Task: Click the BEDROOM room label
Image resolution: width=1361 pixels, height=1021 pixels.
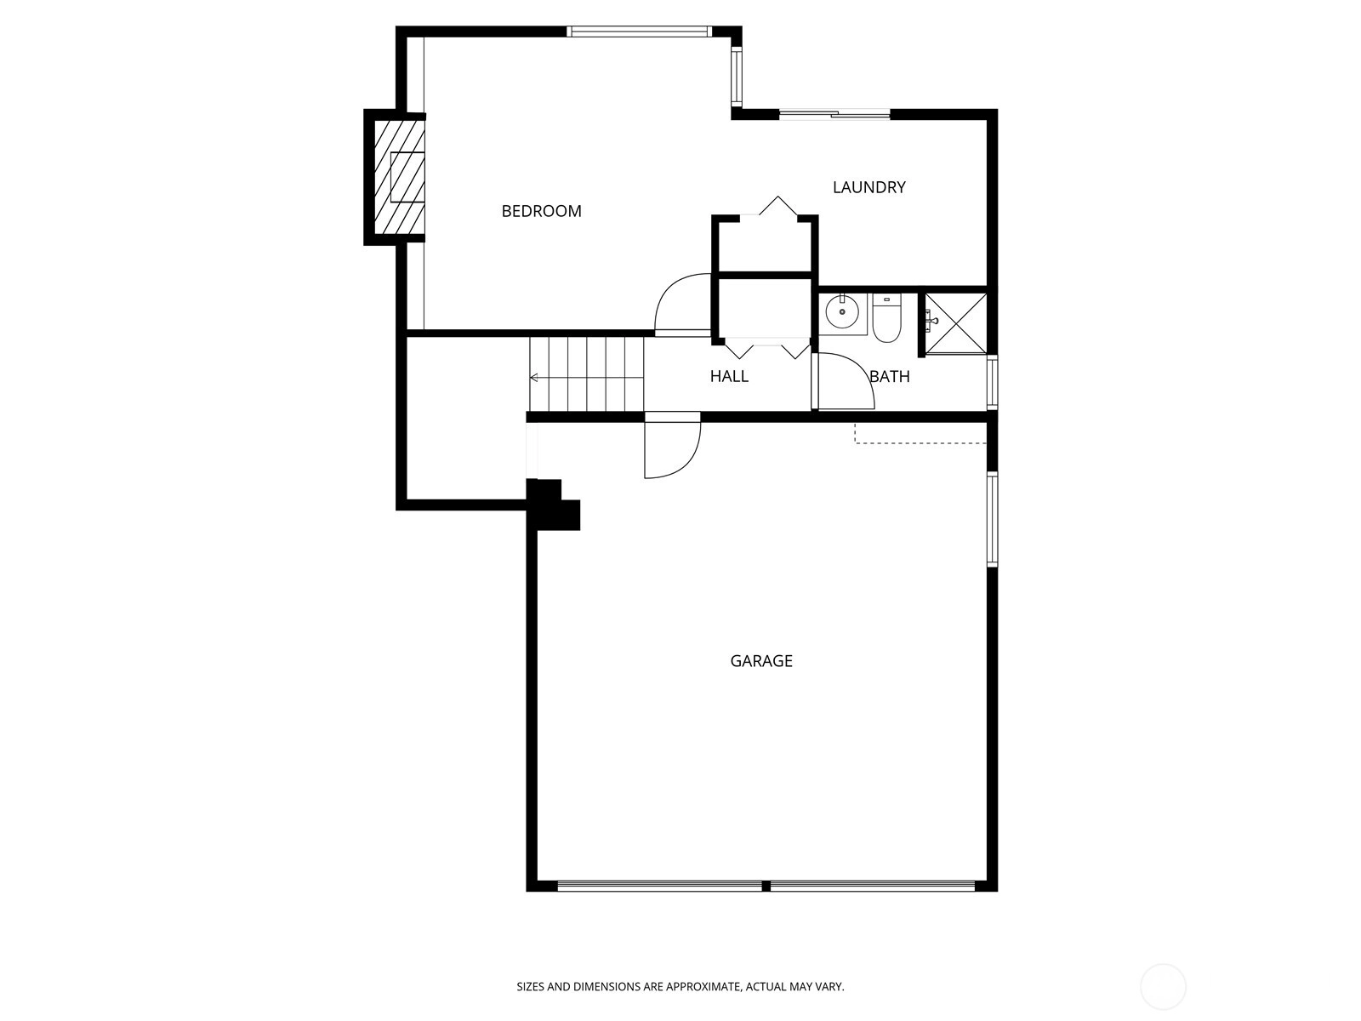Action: [x=541, y=211]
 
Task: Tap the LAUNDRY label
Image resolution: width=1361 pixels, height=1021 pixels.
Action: [x=868, y=187]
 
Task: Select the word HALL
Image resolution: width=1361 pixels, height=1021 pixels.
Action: [x=729, y=376]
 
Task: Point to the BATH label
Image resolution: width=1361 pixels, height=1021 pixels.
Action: [x=890, y=376]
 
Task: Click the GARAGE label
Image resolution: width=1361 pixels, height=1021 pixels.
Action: [x=761, y=661]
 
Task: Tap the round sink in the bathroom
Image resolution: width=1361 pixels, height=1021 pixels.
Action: [x=842, y=312]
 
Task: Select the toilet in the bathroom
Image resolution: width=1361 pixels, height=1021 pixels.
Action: [x=887, y=318]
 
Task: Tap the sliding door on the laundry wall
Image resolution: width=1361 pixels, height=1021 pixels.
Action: [x=834, y=114]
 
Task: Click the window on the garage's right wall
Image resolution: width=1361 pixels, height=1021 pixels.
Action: [x=993, y=519]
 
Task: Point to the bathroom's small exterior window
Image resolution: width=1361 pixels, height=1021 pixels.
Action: [x=993, y=382]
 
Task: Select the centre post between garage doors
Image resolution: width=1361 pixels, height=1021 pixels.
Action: [x=766, y=886]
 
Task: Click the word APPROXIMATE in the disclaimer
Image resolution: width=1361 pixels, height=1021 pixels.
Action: [x=703, y=987]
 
